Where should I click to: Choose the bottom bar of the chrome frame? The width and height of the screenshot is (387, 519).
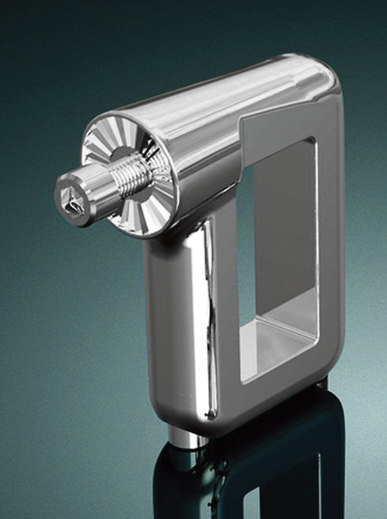pyautogui.click(x=268, y=402)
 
